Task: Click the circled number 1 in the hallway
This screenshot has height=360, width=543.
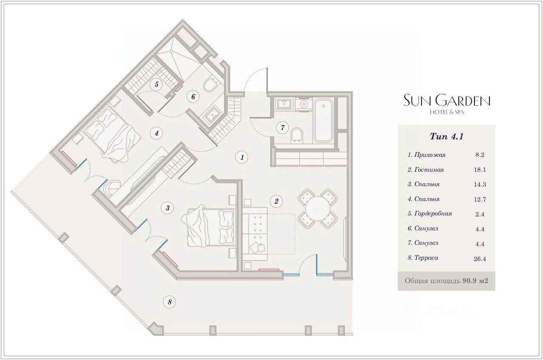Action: click(x=242, y=157)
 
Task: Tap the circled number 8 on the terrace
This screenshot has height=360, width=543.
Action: click(x=170, y=302)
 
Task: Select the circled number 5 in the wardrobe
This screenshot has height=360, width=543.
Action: click(x=156, y=85)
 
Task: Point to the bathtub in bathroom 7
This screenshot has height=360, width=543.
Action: click(x=324, y=120)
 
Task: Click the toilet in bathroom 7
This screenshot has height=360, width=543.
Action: click(x=297, y=135)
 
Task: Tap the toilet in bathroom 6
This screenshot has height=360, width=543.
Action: click(x=210, y=85)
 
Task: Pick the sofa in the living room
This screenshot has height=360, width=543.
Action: click(x=255, y=234)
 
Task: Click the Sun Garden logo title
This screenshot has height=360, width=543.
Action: click(x=446, y=100)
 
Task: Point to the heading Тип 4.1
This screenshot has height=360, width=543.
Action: click(x=446, y=136)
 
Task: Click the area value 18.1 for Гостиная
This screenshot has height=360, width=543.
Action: click(x=480, y=170)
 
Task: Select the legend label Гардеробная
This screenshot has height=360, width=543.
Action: click(x=429, y=214)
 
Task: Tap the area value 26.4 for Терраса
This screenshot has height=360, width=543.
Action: click(x=480, y=258)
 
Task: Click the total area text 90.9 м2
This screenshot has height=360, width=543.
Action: click(x=477, y=281)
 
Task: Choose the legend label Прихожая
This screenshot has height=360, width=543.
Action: click(x=427, y=155)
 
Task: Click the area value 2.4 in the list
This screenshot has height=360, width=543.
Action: click(x=480, y=214)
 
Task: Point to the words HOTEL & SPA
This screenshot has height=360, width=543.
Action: click(x=446, y=112)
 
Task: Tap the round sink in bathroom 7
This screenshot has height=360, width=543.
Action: click(x=304, y=104)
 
